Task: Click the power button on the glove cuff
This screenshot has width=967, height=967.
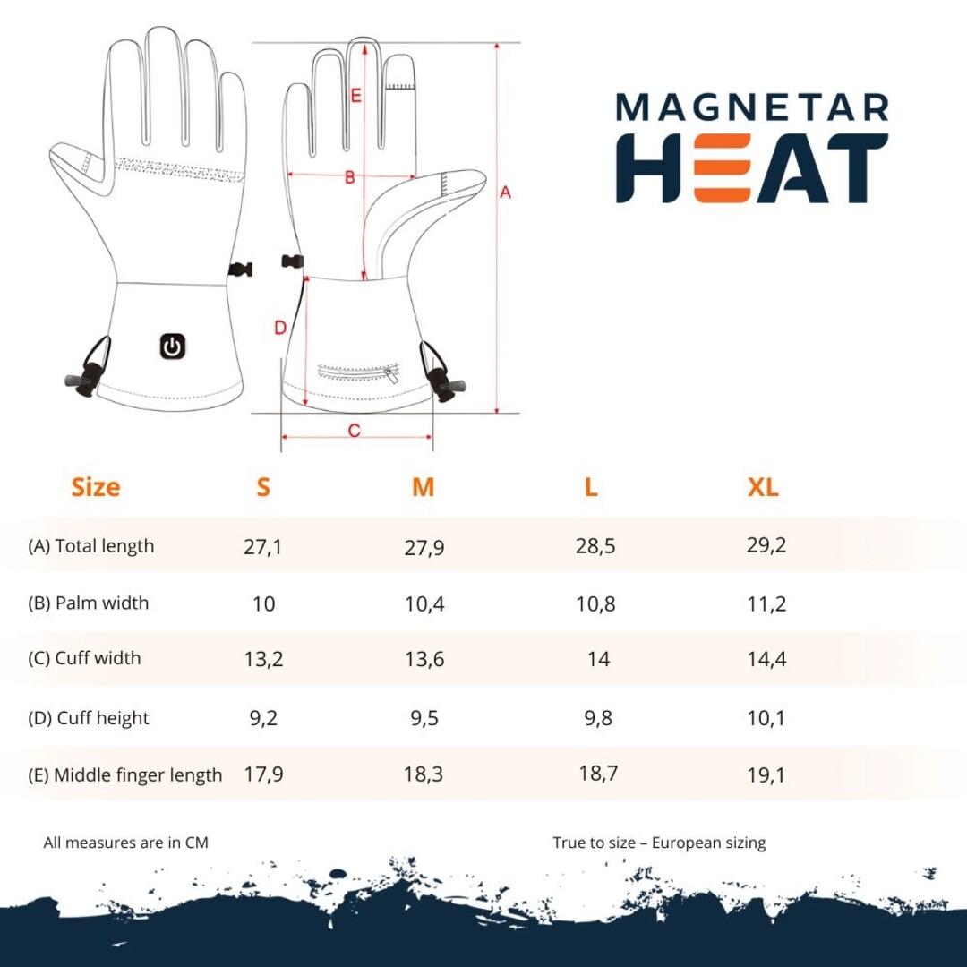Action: pyautogui.click(x=173, y=347)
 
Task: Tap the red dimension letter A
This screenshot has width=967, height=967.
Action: pyautogui.click(x=505, y=193)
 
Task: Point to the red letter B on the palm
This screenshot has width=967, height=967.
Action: pyautogui.click(x=350, y=177)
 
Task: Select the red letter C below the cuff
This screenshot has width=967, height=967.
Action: pyautogui.click(x=354, y=430)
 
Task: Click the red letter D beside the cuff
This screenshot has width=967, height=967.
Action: pyautogui.click(x=280, y=328)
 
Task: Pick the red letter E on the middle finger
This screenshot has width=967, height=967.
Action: pyautogui.click(x=355, y=96)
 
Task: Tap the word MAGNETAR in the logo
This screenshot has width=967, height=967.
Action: pyautogui.click(x=752, y=107)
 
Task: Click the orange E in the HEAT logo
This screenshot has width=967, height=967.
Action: pyautogui.click(x=723, y=167)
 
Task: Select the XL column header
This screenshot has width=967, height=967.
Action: pyautogui.click(x=763, y=487)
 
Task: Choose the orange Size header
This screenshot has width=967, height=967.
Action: pyautogui.click(x=96, y=487)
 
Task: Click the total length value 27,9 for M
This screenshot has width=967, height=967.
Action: pyautogui.click(x=424, y=547)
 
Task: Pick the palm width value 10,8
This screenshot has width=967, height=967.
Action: pyautogui.click(x=595, y=603)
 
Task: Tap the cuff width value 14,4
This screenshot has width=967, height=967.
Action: pyautogui.click(x=766, y=659)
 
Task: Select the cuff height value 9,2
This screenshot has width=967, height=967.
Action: pyautogui.click(x=263, y=718)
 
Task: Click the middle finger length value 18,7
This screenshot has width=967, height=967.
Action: pyautogui.click(x=598, y=773)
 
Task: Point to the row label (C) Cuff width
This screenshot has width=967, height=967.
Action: pyautogui.click(x=84, y=658)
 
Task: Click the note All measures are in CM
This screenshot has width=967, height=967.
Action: pyautogui.click(x=126, y=843)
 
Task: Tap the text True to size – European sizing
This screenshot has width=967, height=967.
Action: pyautogui.click(x=659, y=843)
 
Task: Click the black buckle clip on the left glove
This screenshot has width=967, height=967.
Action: pyautogui.click(x=240, y=269)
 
